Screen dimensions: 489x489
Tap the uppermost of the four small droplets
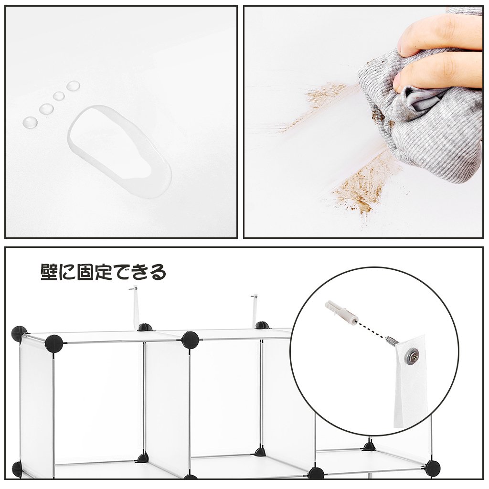tap(73, 85)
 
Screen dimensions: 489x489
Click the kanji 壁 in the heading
tap(49, 272)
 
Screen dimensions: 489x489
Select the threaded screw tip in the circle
tap(392, 340)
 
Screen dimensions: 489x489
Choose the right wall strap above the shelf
tap(255, 311)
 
